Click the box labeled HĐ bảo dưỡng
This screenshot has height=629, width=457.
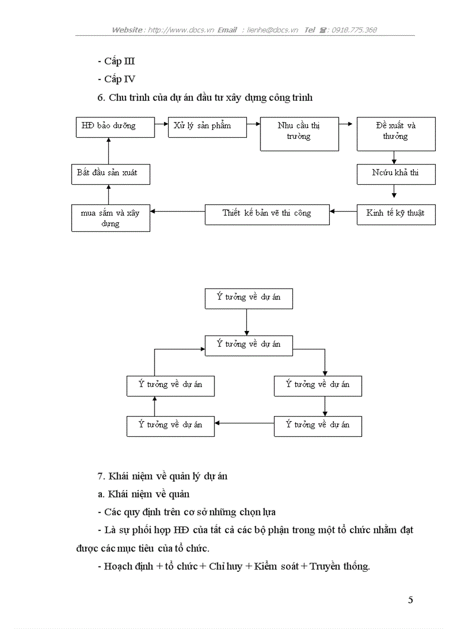tap(115, 127)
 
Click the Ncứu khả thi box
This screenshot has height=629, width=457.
tap(395, 174)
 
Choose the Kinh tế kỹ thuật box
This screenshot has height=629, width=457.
tap(395, 214)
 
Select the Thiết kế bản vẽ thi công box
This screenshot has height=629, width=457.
tap(267, 214)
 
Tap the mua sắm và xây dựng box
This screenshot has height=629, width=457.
tap(110, 218)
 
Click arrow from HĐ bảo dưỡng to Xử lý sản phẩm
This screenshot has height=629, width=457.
tap(161, 123)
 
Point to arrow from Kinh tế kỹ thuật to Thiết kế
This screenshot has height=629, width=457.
tap(343, 211)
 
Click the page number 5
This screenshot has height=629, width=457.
tap(411, 600)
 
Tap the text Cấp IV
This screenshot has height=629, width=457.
tap(119, 80)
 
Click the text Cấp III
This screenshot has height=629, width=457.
tap(119, 62)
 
